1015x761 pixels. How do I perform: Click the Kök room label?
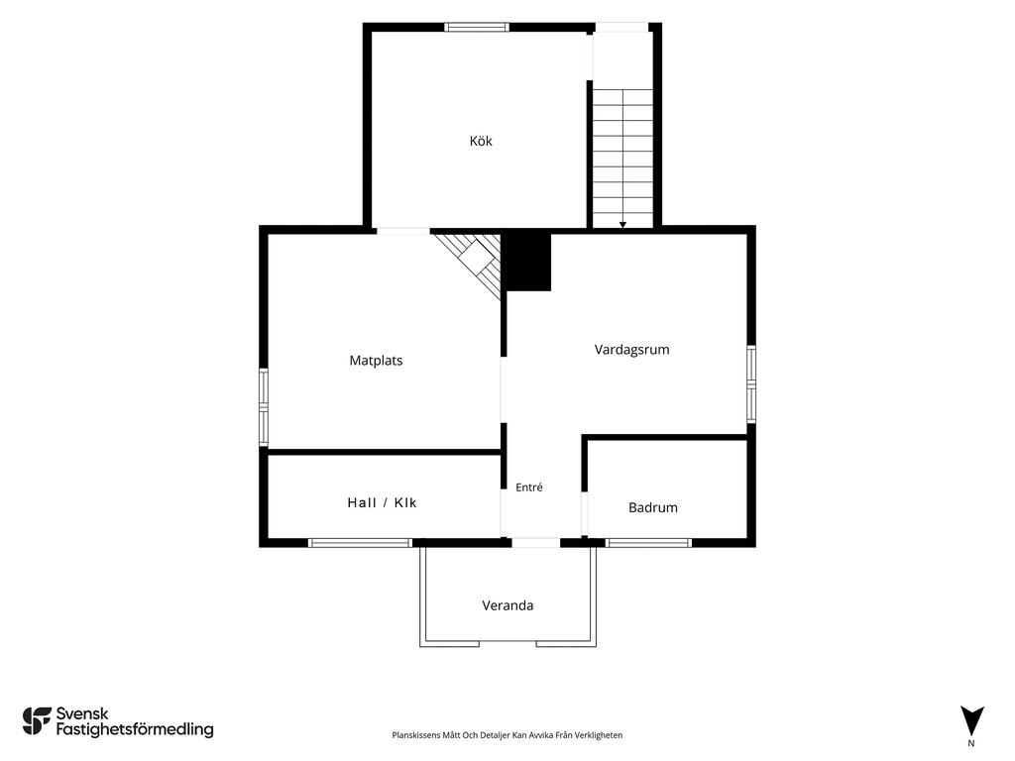pyautogui.click(x=481, y=141)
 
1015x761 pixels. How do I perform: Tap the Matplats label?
pyautogui.click(x=376, y=361)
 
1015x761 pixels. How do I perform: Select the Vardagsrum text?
pyautogui.click(x=631, y=350)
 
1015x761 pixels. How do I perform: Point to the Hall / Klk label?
pyautogui.click(x=382, y=502)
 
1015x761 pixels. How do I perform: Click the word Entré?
pyautogui.click(x=529, y=488)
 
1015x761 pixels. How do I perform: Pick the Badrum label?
pyautogui.click(x=653, y=507)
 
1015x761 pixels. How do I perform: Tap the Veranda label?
pyautogui.click(x=507, y=605)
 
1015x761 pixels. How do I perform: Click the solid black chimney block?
pyautogui.click(x=527, y=261)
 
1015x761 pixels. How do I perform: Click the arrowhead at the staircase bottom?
pyautogui.click(x=622, y=225)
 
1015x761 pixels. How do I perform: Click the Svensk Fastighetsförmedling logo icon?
pyautogui.click(x=37, y=721)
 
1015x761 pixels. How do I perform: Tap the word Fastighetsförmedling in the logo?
pyautogui.click(x=135, y=730)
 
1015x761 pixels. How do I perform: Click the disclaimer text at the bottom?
pyautogui.click(x=507, y=735)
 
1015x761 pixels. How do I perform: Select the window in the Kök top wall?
pyautogui.click(x=477, y=27)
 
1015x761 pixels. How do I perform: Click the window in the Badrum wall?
pyautogui.click(x=649, y=543)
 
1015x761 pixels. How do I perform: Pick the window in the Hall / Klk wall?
pyautogui.click(x=360, y=543)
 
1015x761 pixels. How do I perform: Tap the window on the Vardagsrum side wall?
pyautogui.click(x=751, y=384)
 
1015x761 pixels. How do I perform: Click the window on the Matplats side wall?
pyautogui.click(x=264, y=407)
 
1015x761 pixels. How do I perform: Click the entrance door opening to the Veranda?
pyautogui.click(x=536, y=543)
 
